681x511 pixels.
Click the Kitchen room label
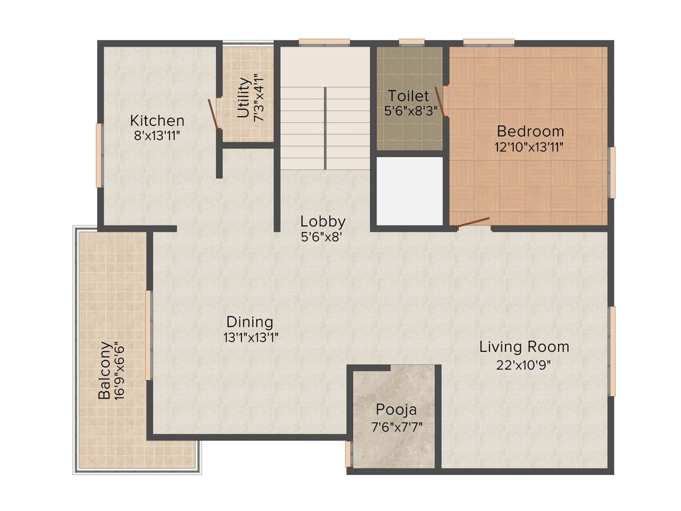tap(157, 120)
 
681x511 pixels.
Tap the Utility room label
tap(243, 98)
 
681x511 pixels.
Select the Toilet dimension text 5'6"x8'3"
tap(410, 111)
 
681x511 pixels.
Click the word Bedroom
tap(530, 131)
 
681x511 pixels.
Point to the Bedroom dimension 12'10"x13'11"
tap(529, 147)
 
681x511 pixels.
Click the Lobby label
tap(323, 222)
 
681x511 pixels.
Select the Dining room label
tap(249, 321)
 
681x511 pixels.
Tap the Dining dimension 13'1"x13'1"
tap(250, 337)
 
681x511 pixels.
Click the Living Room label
tap(524, 347)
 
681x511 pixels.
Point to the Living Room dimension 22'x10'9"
tap(524, 364)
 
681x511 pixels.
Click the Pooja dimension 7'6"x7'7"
tap(397, 426)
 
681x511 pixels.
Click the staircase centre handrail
tap(325, 127)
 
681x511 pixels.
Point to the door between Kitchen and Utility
tap(214, 113)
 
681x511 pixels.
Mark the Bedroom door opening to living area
tap(474, 224)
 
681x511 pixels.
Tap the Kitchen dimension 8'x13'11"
tap(157, 136)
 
